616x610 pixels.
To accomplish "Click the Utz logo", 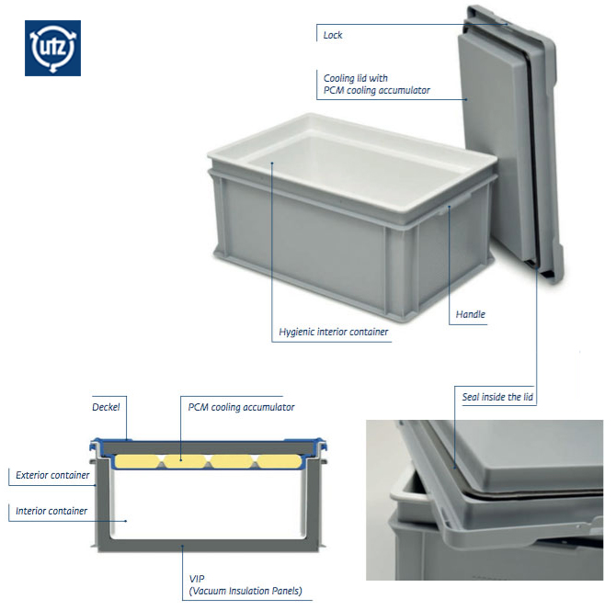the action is point(52,48).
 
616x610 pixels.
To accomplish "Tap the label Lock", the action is point(332,35).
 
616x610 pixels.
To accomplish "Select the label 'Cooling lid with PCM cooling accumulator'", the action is point(376,84).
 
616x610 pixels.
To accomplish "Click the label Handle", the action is point(470,314).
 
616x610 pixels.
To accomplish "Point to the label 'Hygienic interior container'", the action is point(333,332).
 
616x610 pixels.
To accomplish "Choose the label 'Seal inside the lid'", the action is point(497,397).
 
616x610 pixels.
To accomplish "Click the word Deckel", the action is point(106,407).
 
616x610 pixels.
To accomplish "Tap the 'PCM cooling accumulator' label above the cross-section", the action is point(241,407).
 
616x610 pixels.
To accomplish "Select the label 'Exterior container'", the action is point(52,475).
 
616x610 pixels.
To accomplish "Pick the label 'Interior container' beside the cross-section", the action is point(51,511).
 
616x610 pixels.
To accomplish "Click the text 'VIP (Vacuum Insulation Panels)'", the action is point(245,585).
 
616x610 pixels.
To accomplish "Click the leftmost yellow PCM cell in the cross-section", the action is point(137,461).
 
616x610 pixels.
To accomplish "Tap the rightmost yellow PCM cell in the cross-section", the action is point(279,461).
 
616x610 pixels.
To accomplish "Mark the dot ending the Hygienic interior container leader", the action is point(272,162).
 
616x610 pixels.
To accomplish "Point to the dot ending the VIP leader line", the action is point(182,545).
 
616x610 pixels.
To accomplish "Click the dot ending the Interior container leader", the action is point(126,521).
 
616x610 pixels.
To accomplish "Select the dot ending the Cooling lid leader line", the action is point(466,99).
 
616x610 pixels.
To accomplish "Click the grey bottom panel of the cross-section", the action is point(208,545).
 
